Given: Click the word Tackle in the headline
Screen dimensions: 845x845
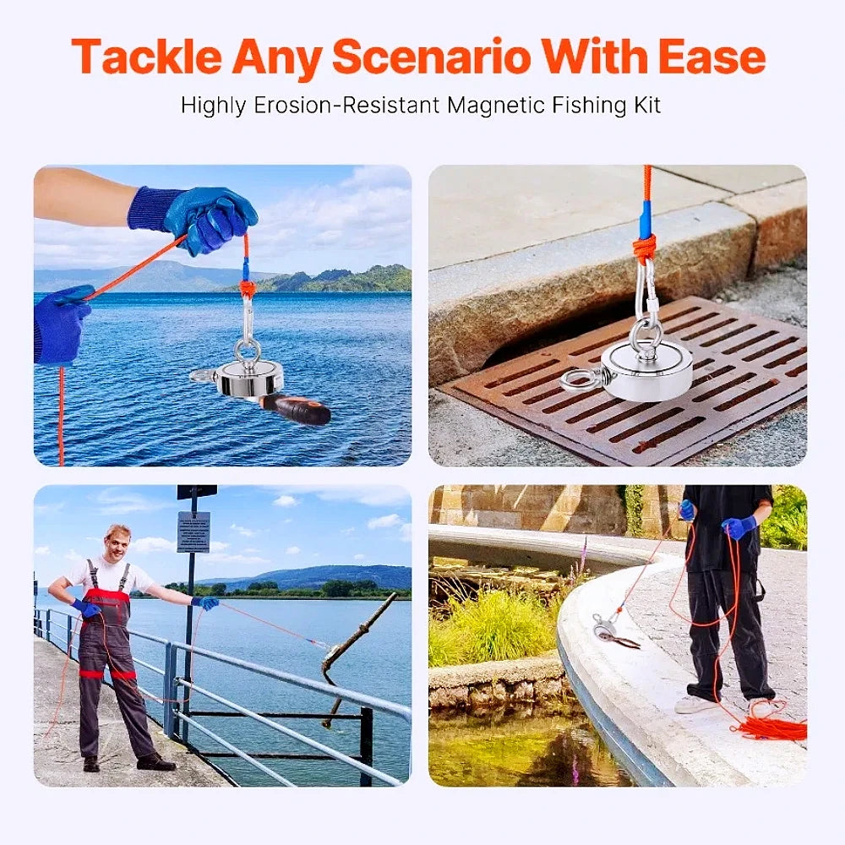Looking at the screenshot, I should point(145,57).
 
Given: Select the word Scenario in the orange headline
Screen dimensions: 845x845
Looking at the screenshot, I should point(431,57).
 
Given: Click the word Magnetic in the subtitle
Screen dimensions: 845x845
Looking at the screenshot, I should point(498,106).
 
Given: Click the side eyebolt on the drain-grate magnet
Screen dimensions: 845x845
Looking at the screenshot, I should point(579,379).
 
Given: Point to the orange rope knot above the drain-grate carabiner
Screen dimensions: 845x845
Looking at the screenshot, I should point(644,248).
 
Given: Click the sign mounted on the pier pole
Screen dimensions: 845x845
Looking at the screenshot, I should point(193,532).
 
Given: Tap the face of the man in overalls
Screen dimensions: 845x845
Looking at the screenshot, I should point(117,543).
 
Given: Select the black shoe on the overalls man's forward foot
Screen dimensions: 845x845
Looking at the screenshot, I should point(155,763).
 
